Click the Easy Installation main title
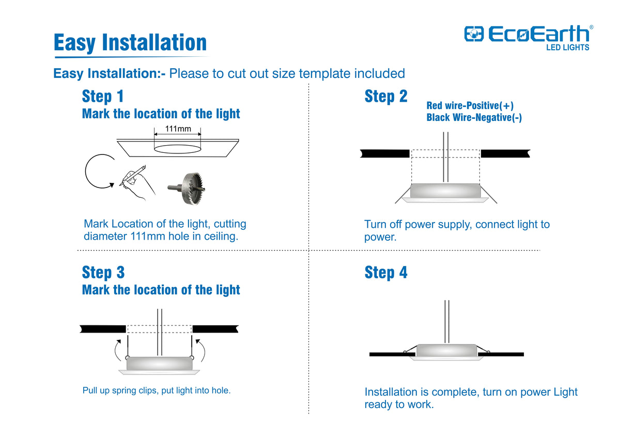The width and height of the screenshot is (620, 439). [x=130, y=42]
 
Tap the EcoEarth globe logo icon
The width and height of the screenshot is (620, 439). [x=474, y=34]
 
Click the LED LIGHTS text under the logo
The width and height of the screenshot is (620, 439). [x=567, y=48]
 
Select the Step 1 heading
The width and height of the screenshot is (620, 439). [x=103, y=96]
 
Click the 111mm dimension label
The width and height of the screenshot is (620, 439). [x=178, y=129]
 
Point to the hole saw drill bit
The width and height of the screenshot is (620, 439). [x=187, y=189]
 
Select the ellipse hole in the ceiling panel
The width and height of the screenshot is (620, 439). [x=177, y=149]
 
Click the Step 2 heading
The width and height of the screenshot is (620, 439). [x=386, y=96]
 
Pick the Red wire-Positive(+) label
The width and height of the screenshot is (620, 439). [x=470, y=105]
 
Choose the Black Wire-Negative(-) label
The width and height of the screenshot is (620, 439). [x=474, y=117]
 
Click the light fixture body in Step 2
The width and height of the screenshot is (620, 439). [x=445, y=191]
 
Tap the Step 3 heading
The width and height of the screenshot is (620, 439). [x=103, y=273]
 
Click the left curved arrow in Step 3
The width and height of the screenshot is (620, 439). [x=117, y=350]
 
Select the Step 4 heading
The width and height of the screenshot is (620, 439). [x=386, y=273]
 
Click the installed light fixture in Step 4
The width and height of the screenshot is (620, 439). [x=446, y=351]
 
